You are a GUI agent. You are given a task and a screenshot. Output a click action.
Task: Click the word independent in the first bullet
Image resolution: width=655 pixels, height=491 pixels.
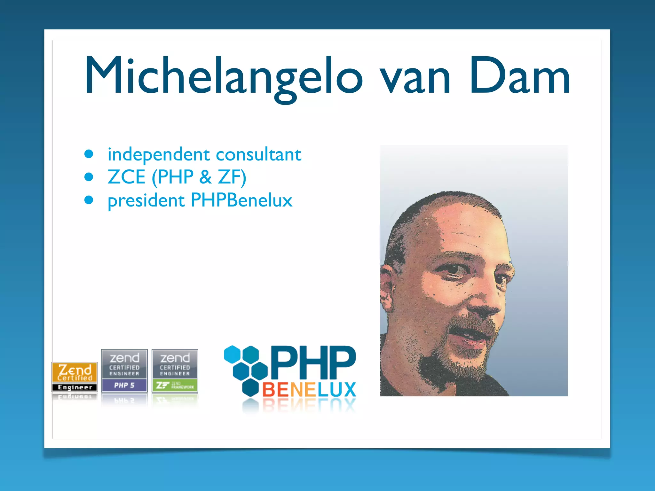click(158, 154)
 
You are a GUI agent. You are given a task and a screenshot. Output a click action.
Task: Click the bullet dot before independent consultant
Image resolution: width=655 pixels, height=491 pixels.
click(89, 154)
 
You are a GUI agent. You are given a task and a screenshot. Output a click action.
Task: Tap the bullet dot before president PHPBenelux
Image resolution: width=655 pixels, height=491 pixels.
click(89, 200)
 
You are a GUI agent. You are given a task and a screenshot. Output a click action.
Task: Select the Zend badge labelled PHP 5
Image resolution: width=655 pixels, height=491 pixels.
click(124, 371)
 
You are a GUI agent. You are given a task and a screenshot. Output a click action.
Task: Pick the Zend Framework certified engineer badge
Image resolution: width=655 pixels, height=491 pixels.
click(175, 371)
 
